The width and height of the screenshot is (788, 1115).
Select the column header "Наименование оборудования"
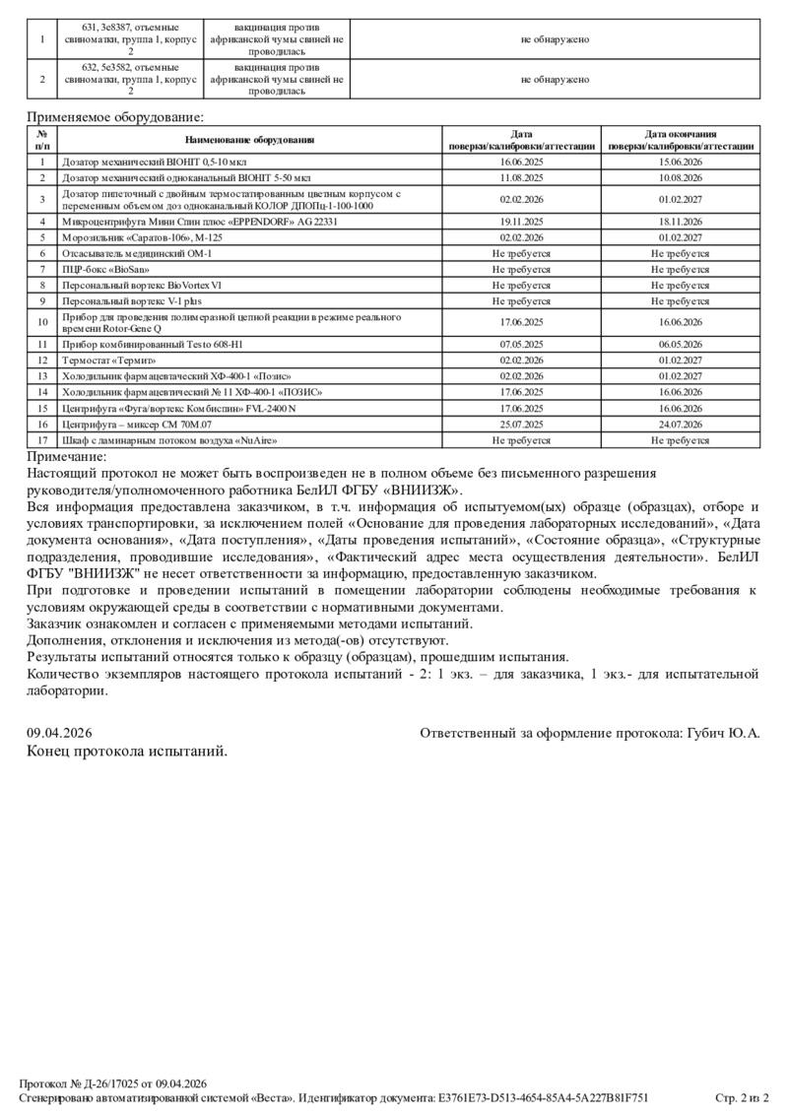tap(249, 140)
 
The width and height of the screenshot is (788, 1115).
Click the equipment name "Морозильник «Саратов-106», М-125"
tap(142, 237)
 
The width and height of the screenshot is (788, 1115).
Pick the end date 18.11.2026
tap(681, 222)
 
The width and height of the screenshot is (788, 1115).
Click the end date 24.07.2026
tap(681, 425)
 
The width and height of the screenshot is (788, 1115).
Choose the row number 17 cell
tap(42, 440)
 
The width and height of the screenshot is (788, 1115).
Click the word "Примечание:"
tap(67, 456)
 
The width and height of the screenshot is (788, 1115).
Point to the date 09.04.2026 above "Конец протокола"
tap(59, 733)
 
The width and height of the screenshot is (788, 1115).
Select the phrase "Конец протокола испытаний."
tap(127, 751)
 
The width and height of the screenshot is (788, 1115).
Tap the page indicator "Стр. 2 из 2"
tap(742, 1097)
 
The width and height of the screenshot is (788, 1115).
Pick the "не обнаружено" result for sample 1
tap(556, 39)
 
